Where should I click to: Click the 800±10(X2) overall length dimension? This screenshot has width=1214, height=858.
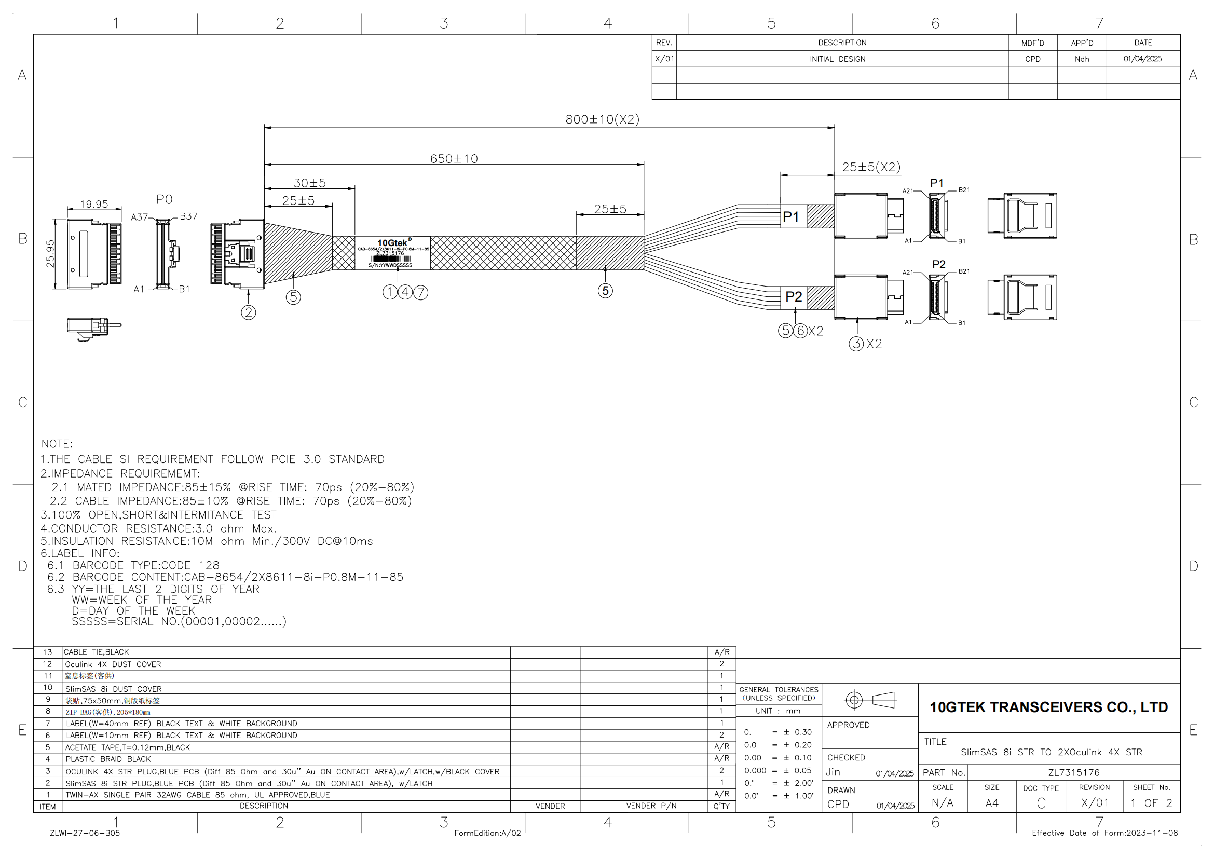tap(602, 119)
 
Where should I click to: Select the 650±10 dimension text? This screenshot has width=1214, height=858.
tap(454, 159)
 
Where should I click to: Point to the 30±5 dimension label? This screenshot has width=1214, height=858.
tap(309, 183)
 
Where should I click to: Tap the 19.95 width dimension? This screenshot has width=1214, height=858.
tap(93, 204)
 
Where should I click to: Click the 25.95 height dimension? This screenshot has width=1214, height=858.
tap(50, 254)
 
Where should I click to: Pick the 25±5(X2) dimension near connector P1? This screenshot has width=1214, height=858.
tap(871, 167)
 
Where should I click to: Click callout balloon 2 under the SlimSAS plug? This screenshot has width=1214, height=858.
tap(249, 312)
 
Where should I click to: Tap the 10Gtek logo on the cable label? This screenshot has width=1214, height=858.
tap(392, 242)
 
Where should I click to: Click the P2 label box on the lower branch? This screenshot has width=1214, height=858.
tap(794, 296)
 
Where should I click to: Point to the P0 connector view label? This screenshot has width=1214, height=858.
tap(165, 199)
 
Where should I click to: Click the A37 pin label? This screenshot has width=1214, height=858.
tap(140, 217)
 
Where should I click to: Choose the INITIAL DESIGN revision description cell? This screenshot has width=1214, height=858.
tap(838, 59)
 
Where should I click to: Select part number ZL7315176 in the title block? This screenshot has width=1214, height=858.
tap(1073, 772)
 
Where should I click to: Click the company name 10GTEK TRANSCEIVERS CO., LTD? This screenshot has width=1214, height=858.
tap(1048, 707)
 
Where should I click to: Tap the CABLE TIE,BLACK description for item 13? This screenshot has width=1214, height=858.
tap(96, 652)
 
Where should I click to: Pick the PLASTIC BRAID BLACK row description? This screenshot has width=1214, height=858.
tap(108, 759)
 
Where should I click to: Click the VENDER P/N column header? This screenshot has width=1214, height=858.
tap(651, 806)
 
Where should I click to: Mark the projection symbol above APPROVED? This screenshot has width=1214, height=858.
tap(870, 700)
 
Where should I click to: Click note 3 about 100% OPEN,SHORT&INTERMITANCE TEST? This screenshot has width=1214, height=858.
tap(159, 515)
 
